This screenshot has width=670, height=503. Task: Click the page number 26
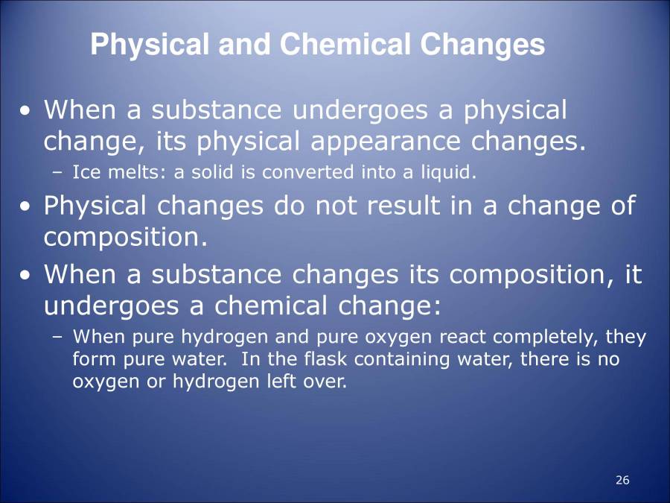[x=623, y=480]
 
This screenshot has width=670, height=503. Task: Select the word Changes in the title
[x=482, y=45]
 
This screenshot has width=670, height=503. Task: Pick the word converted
[x=300, y=173]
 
